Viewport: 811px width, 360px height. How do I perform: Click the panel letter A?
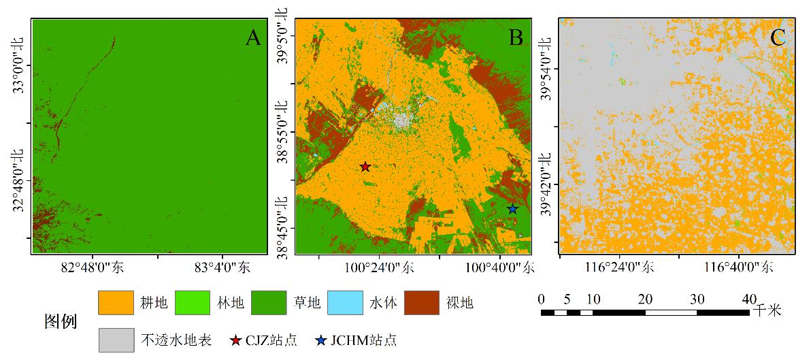[x=253, y=37]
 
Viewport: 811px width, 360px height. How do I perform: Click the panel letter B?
[x=516, y=37]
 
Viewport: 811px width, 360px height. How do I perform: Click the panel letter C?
[x=778, y=37]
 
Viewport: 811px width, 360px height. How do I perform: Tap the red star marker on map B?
[x=365, y=167]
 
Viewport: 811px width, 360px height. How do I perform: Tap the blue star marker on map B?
[x=512, y=209]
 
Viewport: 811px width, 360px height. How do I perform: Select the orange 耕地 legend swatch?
[x=116, y=303]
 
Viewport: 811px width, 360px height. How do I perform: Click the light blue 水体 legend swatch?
[x=344, y=303]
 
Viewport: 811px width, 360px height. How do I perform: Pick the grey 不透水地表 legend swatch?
[x=116, y=340]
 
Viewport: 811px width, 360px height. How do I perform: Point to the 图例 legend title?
[x=60, y=321]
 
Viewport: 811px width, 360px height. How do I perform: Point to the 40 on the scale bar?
[x=749, y=299]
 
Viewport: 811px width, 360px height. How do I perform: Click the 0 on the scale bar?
[x=541, y=299]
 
